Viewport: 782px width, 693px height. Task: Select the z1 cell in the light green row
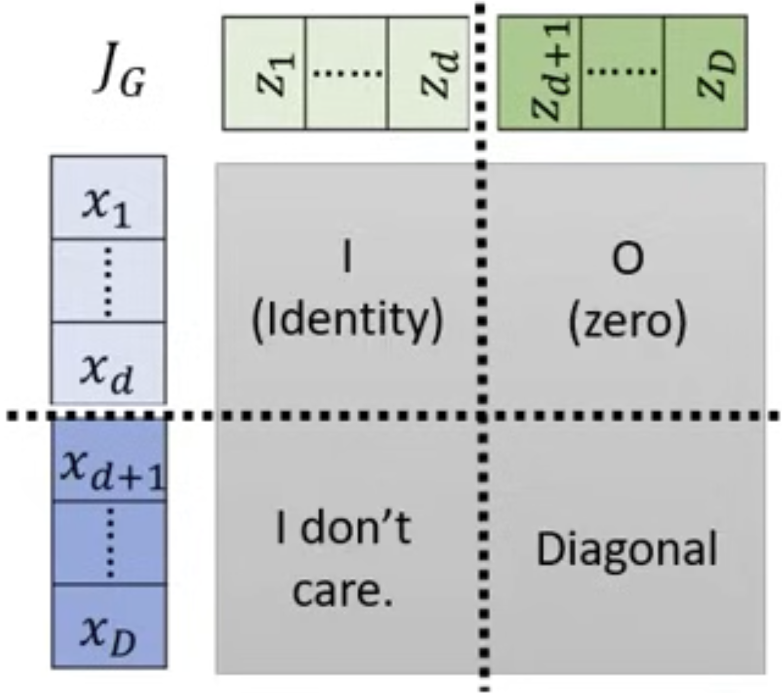click(x=264, y=74)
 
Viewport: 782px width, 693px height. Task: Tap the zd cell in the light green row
click(x=428, y=74)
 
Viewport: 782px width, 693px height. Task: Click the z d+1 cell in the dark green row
click(x=540, y=74)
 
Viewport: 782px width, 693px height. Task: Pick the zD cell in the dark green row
click(x=706, y=74)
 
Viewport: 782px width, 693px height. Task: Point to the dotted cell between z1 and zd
click(x=347, y=74)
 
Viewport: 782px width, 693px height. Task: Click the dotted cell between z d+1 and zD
click(x=623, y=74)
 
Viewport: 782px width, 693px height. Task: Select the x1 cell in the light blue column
click(x=108, y=198)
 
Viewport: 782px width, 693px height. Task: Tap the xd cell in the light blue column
click(x=108, y=363)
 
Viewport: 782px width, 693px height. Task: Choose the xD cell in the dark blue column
click(x=108, y=626)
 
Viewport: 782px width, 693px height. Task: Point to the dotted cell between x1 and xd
click(x=108, y=280)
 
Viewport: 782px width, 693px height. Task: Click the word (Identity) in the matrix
click(x=347, y=321)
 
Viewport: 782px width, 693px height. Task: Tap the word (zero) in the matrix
click(x=627, y=322)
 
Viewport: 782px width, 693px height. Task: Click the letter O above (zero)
click(x=627, y=259)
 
